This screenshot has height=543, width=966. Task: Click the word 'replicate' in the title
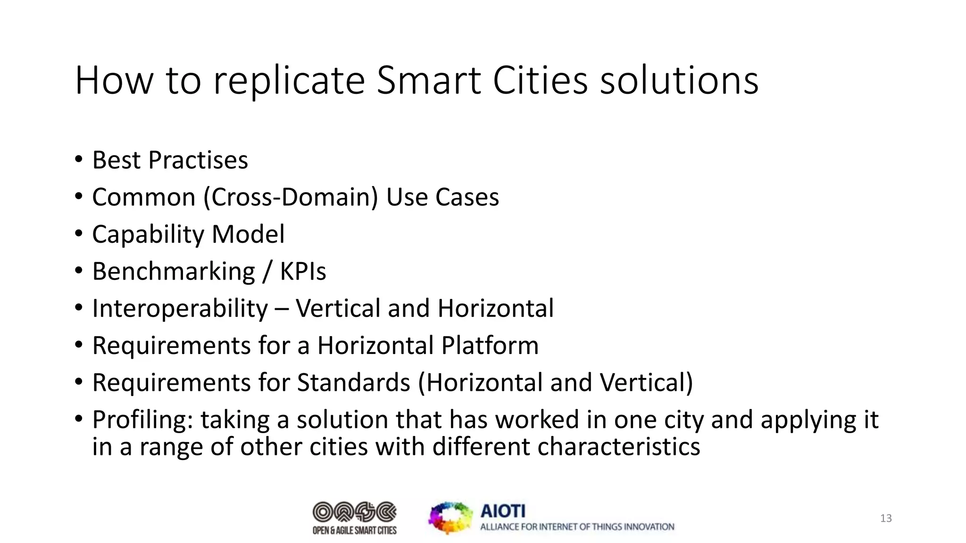tap(289, 81)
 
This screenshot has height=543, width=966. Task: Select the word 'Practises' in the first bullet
tap(198, 160)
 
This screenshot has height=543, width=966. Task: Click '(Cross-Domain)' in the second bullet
tap(291, 197)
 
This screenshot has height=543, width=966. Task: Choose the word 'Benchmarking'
tap(174, 271)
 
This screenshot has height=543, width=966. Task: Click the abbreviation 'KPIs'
tap(303, 271)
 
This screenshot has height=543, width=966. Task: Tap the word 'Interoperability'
tap(180, 309)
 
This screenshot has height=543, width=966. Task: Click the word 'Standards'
tap(353, 382)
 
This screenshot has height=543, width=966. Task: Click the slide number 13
tap(886, 518)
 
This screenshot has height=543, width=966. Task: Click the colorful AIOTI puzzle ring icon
tap(450, 518)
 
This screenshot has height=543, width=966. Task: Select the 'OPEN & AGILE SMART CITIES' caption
tap(355, 531)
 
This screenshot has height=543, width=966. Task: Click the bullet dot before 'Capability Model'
tap(78, 233)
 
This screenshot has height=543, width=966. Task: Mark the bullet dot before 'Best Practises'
tap(78, 159)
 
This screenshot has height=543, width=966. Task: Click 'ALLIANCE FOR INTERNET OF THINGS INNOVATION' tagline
tap(577, 527)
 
